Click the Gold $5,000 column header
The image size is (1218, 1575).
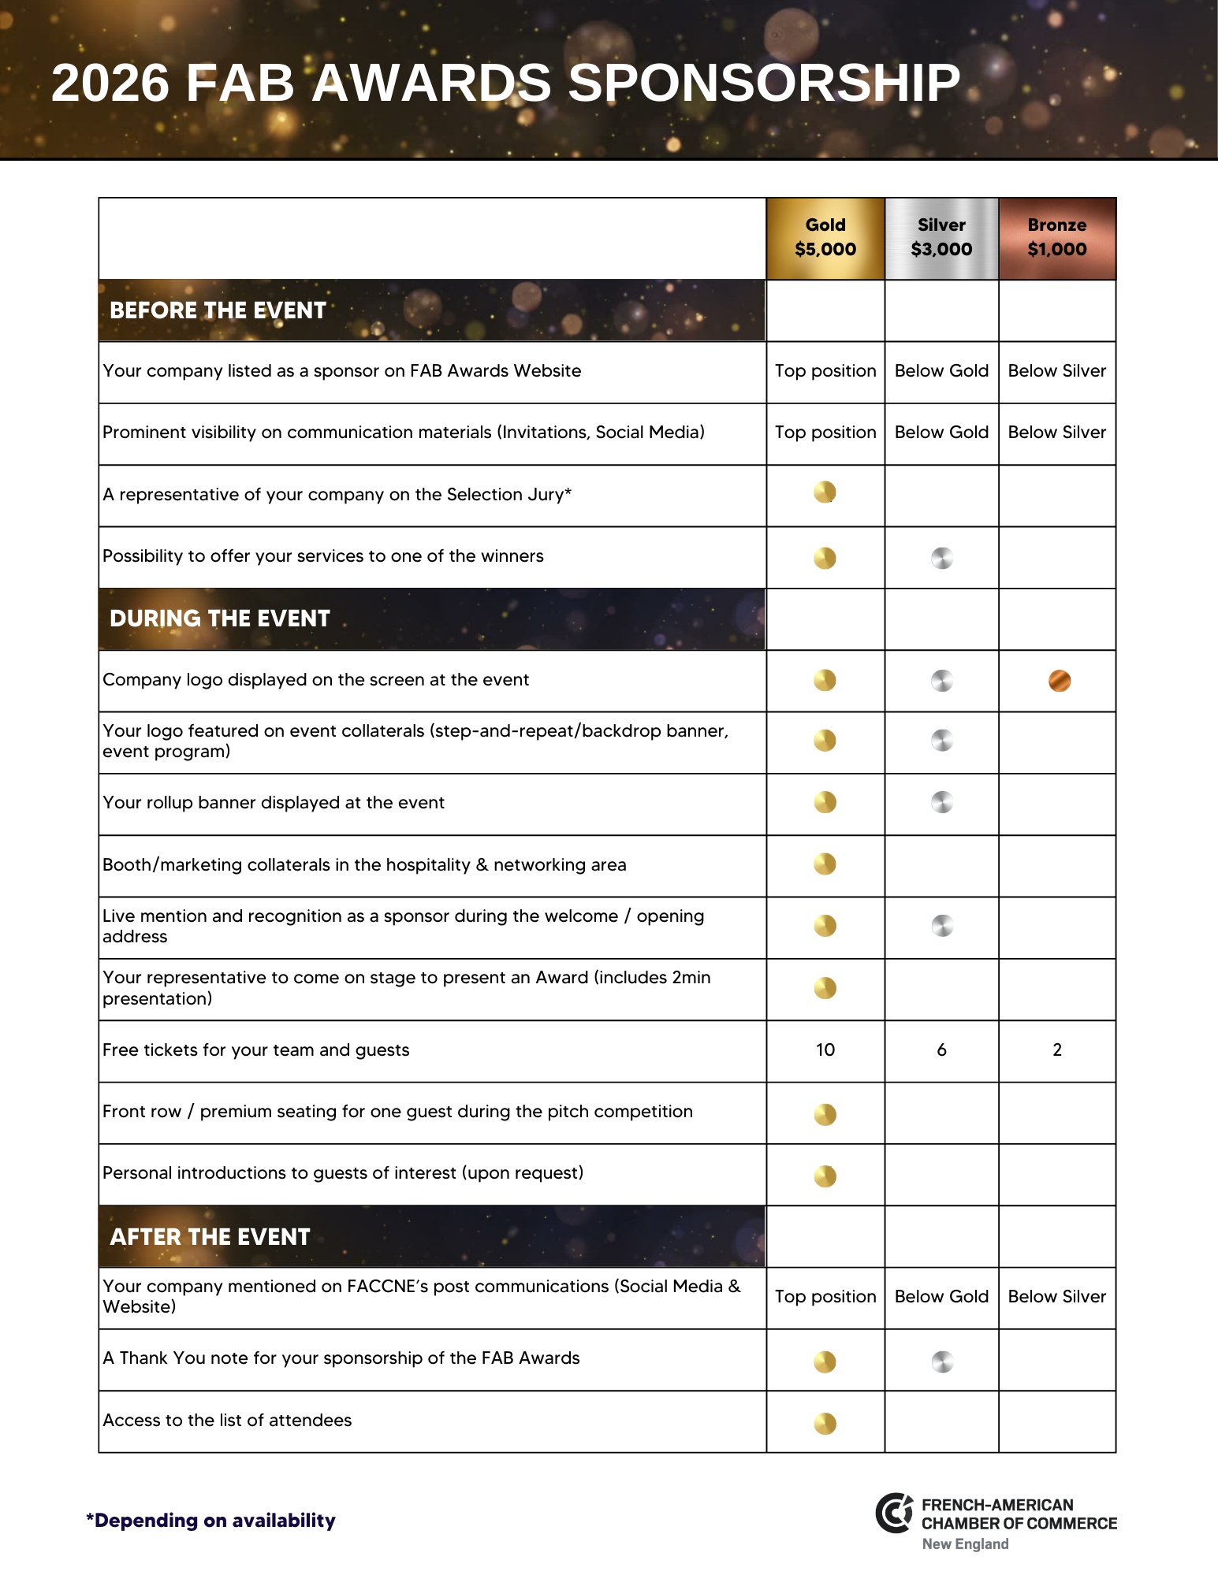click(825, 237)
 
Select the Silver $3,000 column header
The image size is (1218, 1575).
click(941, 237)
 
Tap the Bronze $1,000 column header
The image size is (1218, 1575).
click(1056, 237)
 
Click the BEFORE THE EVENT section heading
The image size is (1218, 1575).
click(218, 310)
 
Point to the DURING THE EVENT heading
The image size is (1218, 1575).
click(219, 618)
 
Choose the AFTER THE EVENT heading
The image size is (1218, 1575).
click(210, 1237)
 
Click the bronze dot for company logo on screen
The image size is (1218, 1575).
click(1060, 681)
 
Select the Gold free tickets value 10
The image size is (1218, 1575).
click(825, 1049)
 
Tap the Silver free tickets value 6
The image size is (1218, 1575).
click(941, 1049)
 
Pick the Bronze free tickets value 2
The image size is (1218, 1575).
click(1057, 1049)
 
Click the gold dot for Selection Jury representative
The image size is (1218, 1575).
click(825, 492)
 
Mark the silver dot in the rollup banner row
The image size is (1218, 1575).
click(942, 802)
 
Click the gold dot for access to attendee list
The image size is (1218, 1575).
click(825, 1423)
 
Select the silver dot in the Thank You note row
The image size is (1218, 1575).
click(942, 1361)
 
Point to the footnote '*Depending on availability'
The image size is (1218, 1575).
click(210, 1520)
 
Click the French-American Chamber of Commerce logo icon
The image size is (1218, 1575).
click(895, 1513)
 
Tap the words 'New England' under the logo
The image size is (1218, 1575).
click(965, 1544)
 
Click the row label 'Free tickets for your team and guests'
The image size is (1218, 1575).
click(256, 1050)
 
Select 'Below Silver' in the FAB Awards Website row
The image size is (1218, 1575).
click(1056, 370)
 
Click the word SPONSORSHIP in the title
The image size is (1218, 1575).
click(763, 83)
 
